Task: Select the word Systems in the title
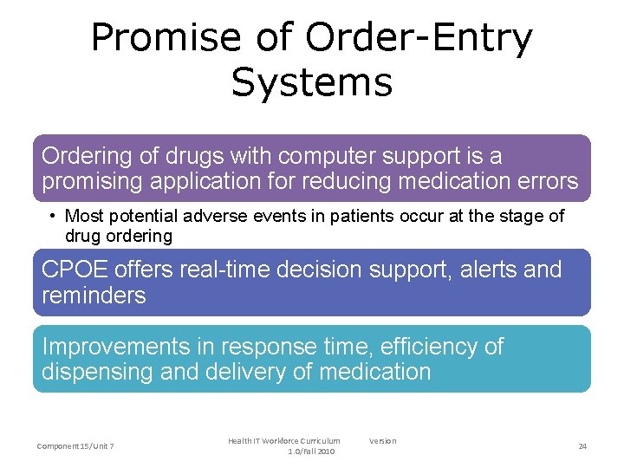point(312,82)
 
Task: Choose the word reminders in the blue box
point(94,296)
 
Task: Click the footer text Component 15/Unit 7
point(75,446)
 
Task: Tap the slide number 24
point(582,446)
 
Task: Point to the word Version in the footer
point(382,441)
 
